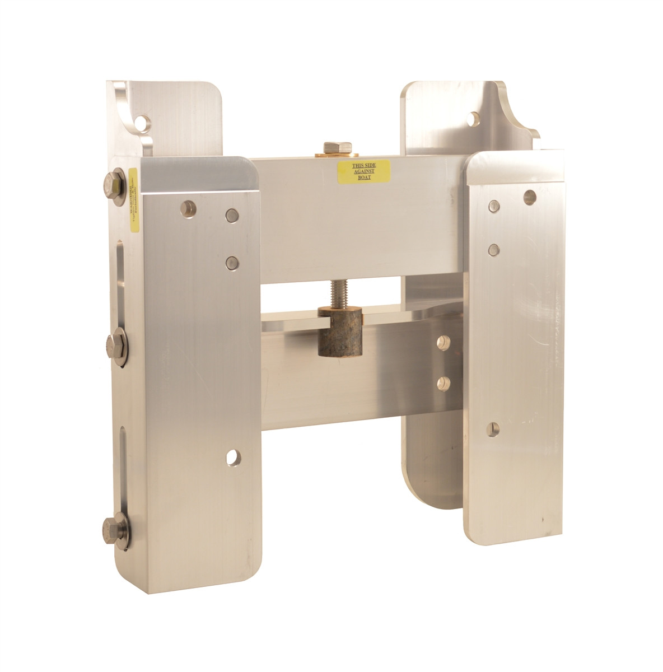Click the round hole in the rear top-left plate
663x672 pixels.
(145, 120)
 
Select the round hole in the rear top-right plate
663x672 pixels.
(474, 119)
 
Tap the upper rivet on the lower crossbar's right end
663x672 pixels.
(444, 340)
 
